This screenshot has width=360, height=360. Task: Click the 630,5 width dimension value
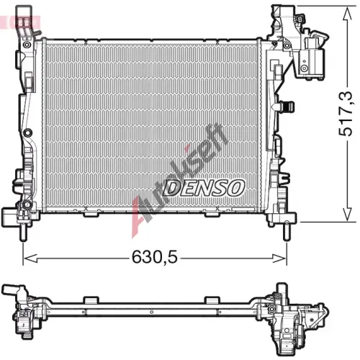pyautogui.click(x=155, y=256)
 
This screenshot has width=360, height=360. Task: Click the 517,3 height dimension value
pyautogui.click(x=346, y=114)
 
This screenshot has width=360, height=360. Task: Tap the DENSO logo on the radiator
pyautogui.click(x=204, y=187)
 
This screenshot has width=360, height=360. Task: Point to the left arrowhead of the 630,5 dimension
pyautogui.click(x=31, y=258)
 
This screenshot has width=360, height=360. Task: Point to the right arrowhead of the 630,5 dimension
pyautogui.click(x=279, y=258)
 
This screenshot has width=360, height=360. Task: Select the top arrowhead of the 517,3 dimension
pyautogui.click(x=347, y=13)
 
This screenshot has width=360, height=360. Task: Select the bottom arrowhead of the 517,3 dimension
pyautogui.click(x=347, y=215)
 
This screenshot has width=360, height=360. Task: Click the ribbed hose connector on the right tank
pyautogui.click(x=287, y=107)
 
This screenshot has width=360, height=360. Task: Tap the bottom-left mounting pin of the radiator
pyautogui.click(x=23, y=232)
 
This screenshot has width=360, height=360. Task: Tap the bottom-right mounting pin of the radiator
pyautogui.click(x=287, y=231)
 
